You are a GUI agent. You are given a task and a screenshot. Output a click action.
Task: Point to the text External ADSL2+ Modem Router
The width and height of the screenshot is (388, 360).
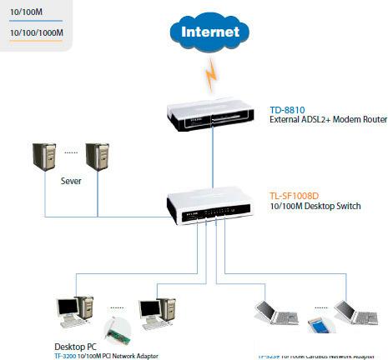click(x=328, y=120)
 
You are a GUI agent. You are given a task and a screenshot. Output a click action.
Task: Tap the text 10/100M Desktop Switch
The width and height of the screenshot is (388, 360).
click(x=315, y=206)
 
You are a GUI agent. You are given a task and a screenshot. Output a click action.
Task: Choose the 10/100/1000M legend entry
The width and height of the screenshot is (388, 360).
click(x=35, y=32)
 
